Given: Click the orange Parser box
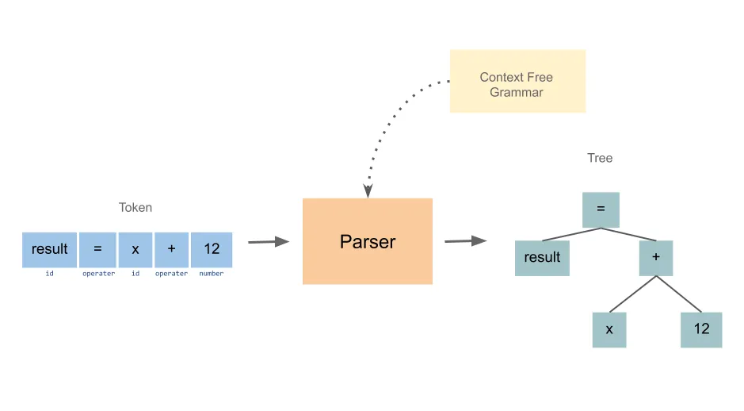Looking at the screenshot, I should click(x=368, y=241).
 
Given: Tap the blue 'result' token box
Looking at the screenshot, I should click(x=50, y=249).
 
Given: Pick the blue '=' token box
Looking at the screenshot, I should click(x=97, y=249).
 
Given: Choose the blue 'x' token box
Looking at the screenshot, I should click(x=135, y=249).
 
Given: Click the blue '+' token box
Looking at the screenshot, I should click(x=171, y=249).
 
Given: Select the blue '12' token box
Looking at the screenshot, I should click(x=212, y=249).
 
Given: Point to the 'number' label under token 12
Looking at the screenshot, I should click(x=212, y=274).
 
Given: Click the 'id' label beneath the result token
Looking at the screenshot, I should click(x=50, y=274).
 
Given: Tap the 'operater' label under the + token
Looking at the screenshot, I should click(x=171, y=274).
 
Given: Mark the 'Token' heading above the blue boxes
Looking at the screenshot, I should click(x=135, y=208).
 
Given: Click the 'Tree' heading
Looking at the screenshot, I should click(x=600, y=158).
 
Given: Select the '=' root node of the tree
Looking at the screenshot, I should click(x=601, y=210).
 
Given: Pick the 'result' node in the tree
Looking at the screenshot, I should click(x=542, y=258).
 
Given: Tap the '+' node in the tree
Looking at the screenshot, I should click(x=655, y=258).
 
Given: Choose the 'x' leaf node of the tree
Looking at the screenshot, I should click(x=609, y=329).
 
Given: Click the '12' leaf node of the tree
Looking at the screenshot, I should click(x=701, y=329).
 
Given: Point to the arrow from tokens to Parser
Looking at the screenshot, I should click(x=269, y=241).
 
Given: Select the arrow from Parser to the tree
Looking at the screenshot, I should click(x=465, y=240).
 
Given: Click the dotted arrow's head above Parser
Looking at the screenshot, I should click(x=368, y=191).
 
